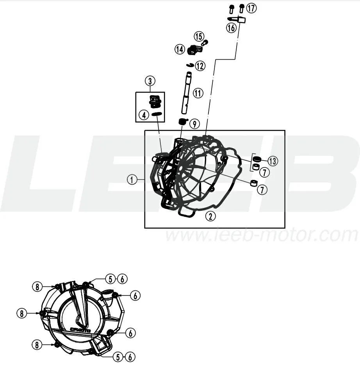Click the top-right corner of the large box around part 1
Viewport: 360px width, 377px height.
click(x=285, y=131)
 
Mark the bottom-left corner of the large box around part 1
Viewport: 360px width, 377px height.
click(x=145, y=228)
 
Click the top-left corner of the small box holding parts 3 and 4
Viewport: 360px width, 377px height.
click(x=136, y=92)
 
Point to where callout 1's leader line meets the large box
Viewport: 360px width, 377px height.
click(x=145, y=180)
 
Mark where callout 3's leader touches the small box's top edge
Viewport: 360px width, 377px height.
click(x=150, y=92)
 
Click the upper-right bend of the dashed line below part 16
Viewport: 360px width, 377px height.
click(x=235, y=59)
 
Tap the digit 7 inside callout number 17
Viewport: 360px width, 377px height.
click(x=253, y=9)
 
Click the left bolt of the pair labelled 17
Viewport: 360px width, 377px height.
click(x=232, y=9)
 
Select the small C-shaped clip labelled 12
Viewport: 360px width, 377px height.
click(x=191, y=65)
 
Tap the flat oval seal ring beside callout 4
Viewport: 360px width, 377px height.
click(x=157, y=114)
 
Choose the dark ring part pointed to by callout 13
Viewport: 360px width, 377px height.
click(x=257, y=159)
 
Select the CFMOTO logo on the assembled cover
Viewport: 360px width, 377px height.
click(x=80, y=330)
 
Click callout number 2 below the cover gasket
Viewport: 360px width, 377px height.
click(x=210, y=216)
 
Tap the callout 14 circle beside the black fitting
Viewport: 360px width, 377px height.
click(x=180, y=50)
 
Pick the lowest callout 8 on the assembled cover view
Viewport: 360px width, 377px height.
click(x=37, y=345)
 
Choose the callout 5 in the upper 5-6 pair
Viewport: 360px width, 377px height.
click(x=110, y=279)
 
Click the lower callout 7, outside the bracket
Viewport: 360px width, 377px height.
click(x=262, y=190)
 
